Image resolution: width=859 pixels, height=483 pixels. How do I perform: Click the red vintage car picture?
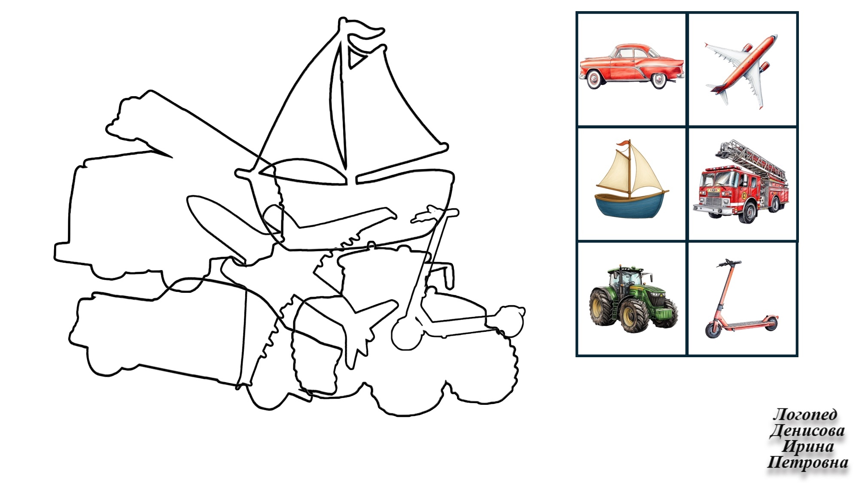pyautogui.click(x=631, y=66)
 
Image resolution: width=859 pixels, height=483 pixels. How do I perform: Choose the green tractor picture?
pyautogui.click(x=633, y=298)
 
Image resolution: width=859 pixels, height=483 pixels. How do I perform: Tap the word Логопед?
pyautogui.click(x=805, y=414)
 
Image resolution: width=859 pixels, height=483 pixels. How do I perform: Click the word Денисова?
pyautogui.click(x=807, y=430)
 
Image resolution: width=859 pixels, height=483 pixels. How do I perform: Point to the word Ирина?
pyautogui.click(x=808, y=446)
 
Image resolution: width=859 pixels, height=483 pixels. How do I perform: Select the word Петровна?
pyautogui.click(x=807, y=462)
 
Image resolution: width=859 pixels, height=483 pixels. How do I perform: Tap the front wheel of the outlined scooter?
pyautogui.click(x=407, y=334)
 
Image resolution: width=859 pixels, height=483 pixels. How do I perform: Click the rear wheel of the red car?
pyautogui.click(x=594, y=79)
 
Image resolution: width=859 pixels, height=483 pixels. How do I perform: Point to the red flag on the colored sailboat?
pyautogui.click(x=622, y=144)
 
